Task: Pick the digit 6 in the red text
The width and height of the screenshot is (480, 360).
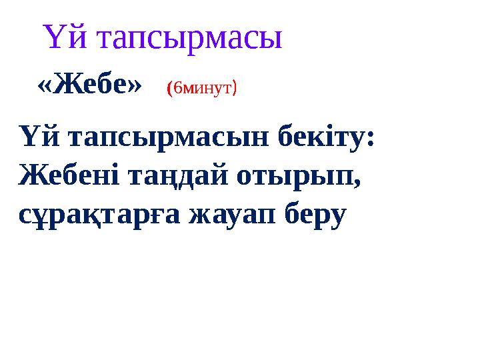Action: click(x=177, y=88)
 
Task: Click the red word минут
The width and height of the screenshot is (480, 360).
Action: click(x=207, y=88)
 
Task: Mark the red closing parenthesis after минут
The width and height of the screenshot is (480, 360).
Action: click(x=234, y=88)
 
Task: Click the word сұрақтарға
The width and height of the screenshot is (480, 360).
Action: click(x=97, y=215)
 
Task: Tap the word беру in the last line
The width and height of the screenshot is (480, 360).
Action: click(x=317, y=215)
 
